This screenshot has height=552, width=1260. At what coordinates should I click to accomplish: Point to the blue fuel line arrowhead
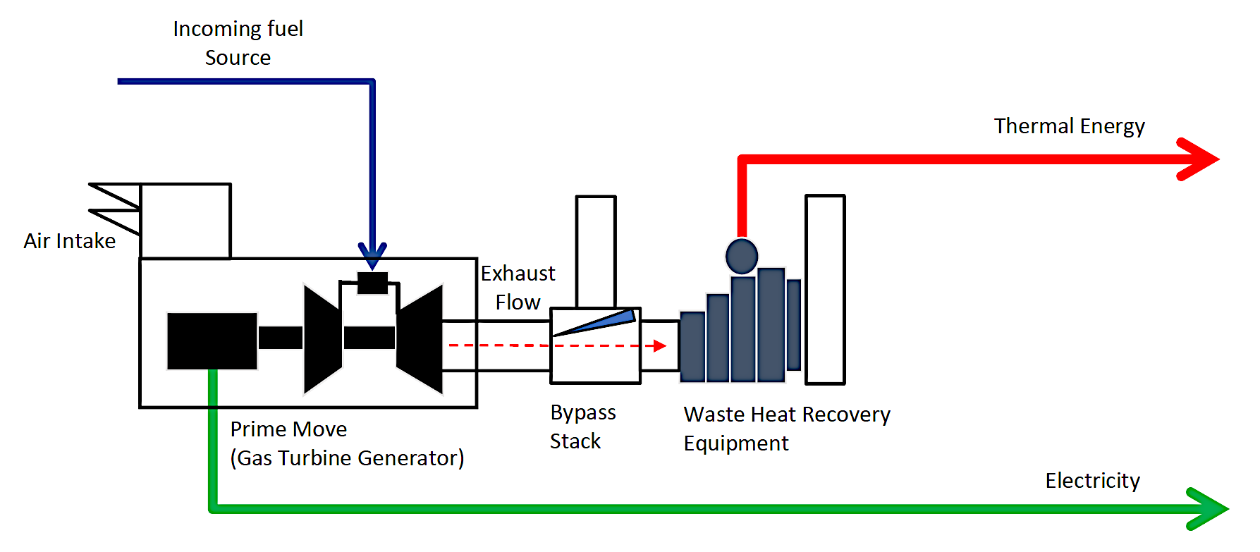pos(372,255)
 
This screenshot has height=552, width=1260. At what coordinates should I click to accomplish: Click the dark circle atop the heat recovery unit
pos(742,256)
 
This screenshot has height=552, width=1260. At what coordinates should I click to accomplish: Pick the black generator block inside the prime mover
pos(212,341)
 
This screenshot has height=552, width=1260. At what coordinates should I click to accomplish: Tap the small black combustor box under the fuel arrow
pos(372,283)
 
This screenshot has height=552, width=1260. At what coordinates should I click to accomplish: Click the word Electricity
pos(1092,481)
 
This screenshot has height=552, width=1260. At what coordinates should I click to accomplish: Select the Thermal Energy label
pos(1069,126)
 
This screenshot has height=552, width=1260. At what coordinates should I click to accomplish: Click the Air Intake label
pos(69,241)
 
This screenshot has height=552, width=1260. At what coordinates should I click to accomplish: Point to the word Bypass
pos(583,412)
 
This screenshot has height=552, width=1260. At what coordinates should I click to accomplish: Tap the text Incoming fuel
pos(238,29)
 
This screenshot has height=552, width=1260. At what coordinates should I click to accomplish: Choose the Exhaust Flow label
pos(518,288)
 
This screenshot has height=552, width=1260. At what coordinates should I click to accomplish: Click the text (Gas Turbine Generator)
pos(347,458)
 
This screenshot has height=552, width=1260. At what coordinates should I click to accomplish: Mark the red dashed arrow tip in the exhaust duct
pos(660,345)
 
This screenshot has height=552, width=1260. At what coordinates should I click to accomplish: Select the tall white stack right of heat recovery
pos(825,289)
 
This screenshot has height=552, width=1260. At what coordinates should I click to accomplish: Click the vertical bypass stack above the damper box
pos(596,251)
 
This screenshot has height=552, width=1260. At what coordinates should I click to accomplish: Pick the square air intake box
pos(185,221)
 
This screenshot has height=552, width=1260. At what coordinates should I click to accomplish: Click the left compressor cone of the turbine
pos(322,338)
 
